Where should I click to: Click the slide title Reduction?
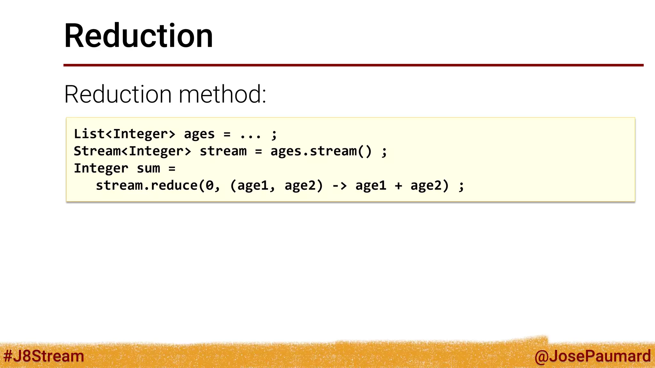[x=138, y=36]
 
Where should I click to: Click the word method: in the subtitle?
[x=222, y=94]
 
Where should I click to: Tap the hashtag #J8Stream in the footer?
[x=43, y=356]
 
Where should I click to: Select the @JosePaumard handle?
[x=592, y=356]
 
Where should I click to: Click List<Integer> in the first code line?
[x=125, y=134]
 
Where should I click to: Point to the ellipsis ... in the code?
[x=250, y=134]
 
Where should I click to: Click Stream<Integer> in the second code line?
[x=132, y=151]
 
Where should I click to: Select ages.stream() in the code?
[x=321, y=151]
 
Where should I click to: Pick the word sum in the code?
[x=148, y=168]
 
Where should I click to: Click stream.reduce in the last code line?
[x=147, y=186]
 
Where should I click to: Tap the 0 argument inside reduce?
[x=209, y=186]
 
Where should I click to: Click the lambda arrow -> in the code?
[x=339, y=186]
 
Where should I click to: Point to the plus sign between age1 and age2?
[x=398, y=186]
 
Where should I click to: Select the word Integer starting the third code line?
[x=101, y=168]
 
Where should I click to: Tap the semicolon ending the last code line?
[x=461, y=186]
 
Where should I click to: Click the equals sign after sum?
[x=172, y=168]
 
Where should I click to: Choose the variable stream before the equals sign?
[x=223, y=151]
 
